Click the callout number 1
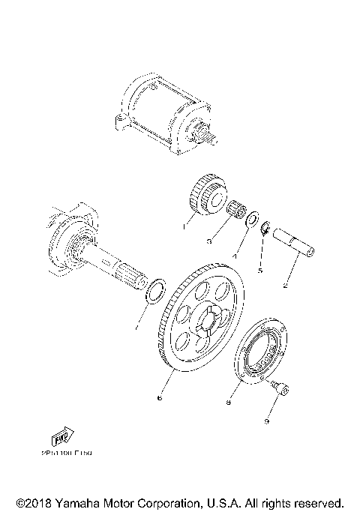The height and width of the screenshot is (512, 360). (x=183, y=223)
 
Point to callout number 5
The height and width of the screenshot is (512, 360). (x=260, y=271)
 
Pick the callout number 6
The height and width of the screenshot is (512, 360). (x=158, y=400)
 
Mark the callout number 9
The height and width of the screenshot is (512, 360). (x=265, y=421)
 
